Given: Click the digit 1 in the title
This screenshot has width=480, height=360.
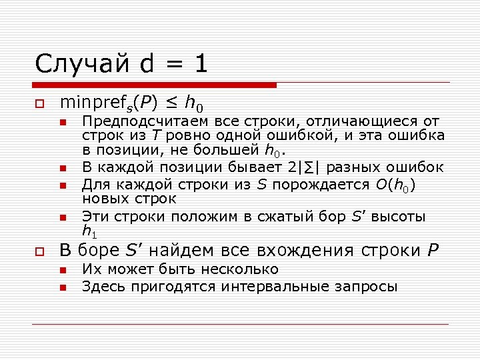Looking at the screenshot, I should (x=201, y=64).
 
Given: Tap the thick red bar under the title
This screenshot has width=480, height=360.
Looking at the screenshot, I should (x=154, y=85).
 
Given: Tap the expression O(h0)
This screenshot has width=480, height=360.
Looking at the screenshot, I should (x=395, y=184).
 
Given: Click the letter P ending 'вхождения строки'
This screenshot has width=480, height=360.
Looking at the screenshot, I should (x=433, y=251).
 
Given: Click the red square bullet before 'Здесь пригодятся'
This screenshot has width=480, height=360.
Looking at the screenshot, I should (x=63, y=288).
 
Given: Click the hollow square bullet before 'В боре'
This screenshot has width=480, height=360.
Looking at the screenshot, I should (x=41, y=252).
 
